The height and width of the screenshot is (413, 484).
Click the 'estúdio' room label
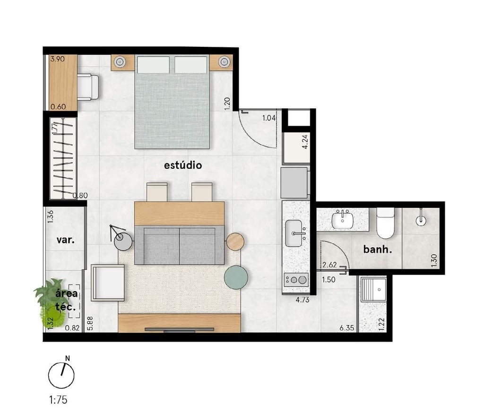[183, 165]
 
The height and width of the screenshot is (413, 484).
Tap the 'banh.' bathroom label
[378, 249]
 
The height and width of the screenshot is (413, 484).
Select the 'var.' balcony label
[65, 240]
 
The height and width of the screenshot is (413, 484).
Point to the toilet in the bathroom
[385, 224]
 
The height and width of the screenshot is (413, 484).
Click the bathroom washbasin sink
[342, 220]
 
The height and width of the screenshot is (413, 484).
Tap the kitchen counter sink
[295, 233]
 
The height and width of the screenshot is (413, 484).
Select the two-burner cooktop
[295, 280]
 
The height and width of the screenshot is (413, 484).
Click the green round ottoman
[236, 277]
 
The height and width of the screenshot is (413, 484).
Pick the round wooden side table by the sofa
[235, 241]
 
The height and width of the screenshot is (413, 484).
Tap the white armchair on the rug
[108, 283]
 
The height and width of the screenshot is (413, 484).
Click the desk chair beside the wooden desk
[88, 87]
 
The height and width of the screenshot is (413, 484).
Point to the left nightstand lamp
[119, 61]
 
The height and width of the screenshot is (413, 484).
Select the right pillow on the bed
[191, 65]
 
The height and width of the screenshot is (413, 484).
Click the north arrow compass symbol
[61, 374]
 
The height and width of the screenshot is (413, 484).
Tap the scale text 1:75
[59, 400]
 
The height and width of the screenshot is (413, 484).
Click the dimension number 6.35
[347, 327]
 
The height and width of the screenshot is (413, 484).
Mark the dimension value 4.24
[304, 142]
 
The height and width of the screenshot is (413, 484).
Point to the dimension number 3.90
[57, 60]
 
